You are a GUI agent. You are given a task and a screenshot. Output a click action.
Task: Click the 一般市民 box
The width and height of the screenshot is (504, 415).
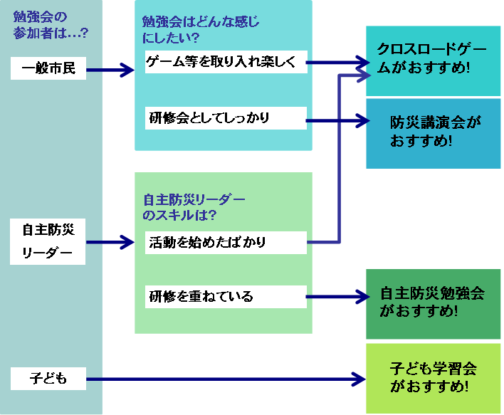click(x=48, y=69)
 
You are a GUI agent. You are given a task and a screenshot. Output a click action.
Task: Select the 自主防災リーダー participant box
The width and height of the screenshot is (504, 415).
click(x=48, y=242)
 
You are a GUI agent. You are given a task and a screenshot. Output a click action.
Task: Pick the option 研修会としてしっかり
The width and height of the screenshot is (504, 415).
click(x=225, y=118)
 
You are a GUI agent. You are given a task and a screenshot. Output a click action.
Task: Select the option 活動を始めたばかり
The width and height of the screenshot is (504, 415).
click(x=225, y=242)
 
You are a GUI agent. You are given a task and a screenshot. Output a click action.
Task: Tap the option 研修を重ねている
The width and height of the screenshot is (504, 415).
click(x=225, y=296)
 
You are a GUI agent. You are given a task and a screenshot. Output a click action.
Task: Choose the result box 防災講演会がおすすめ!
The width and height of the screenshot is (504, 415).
click(x=433, y=132)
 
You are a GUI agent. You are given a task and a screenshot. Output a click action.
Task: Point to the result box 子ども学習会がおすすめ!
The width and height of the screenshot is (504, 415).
click(x=433, y=378)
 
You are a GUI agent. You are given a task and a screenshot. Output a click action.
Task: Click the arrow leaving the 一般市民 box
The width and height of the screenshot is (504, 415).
click(x=110, y=70)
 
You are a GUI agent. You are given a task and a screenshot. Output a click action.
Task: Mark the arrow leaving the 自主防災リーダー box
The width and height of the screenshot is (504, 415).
click(x=110, y=243)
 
